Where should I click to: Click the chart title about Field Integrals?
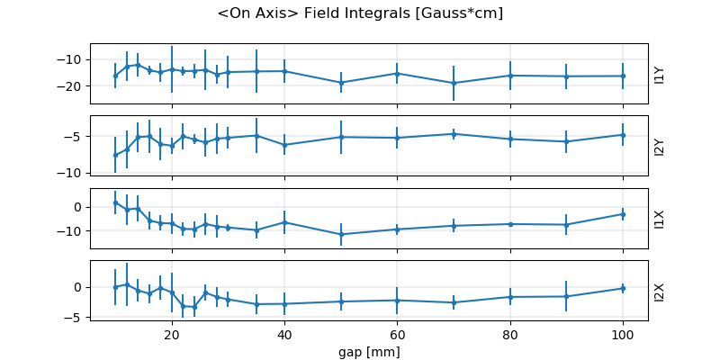360,13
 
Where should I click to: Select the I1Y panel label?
660,75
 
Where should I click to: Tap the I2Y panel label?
660,147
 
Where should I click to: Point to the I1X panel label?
660,219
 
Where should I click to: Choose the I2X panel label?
660,291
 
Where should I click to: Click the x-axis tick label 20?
172,333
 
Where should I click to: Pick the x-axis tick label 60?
397,333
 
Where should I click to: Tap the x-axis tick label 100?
623,333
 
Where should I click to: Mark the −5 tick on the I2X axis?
76,317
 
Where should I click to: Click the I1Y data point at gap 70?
454,83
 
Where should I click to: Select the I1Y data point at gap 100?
623,76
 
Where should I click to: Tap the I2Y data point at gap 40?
284,145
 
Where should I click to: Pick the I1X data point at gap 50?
341,234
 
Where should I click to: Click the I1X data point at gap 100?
623,213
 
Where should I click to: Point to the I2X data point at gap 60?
397,300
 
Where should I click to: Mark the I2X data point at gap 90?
566,296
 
